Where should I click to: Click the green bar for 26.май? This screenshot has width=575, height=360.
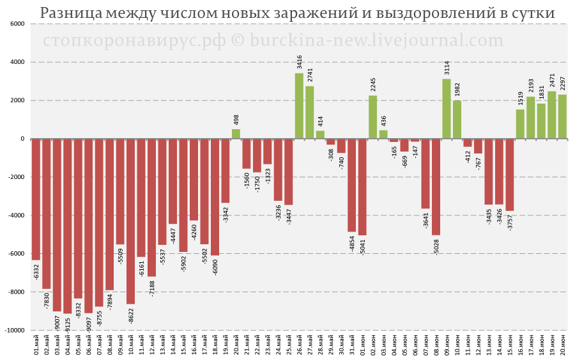(x=299, y=106)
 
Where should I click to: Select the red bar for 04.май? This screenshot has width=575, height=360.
(x=68, y=226)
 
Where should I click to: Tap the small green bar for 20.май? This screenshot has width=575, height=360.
(x=236, y=134)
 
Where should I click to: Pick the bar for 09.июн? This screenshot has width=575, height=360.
(x=447, y=109)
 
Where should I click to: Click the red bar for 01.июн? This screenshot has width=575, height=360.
(x=362, y=187)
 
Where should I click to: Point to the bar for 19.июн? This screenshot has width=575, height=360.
(x=552, y=115)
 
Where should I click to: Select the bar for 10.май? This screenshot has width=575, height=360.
(x=130, y=221)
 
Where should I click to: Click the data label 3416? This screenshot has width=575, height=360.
(x=299, y=62)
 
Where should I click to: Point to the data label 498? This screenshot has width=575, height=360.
(x=236, y=120)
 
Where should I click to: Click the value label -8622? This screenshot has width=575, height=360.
(x=131, y=316)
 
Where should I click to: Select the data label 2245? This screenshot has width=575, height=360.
(x=373, y=85)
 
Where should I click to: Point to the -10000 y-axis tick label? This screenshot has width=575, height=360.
(x=15, y=331)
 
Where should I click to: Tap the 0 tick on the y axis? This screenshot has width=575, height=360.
(x=23, y=139)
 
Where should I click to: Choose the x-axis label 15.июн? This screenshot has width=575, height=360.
(x=510, y=345)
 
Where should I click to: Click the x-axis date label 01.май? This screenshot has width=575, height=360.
(x=36, y=345)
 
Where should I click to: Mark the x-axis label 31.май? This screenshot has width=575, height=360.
(x=352, y=345)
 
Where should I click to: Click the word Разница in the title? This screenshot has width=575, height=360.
(x=70, y=13)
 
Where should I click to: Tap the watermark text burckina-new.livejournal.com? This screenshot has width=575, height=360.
(x=376, y=40)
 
